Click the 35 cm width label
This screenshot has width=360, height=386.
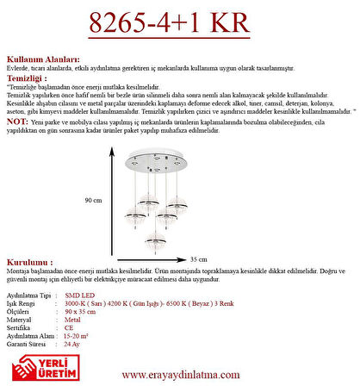click(x=199, y=258)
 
